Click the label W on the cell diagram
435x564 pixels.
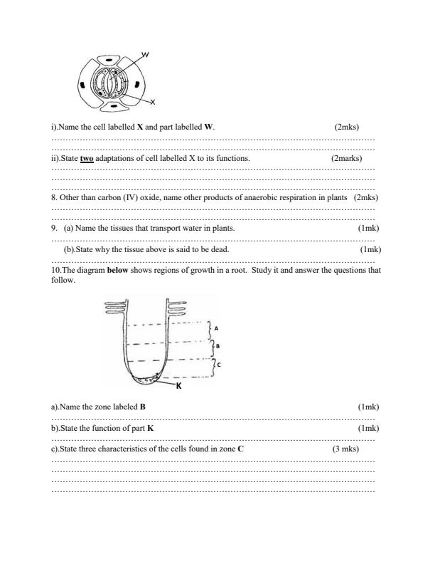point(146,55)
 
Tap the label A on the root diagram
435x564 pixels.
point(216,328)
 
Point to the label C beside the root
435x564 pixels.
point(219,365)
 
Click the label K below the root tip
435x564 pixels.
point(180,385)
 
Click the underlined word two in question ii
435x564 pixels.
point(87,158)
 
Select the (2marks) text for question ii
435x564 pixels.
point(346,158)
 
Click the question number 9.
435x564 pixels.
point(53,228)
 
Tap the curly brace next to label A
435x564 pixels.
point(208,329)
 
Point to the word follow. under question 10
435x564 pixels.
point(63,280)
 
